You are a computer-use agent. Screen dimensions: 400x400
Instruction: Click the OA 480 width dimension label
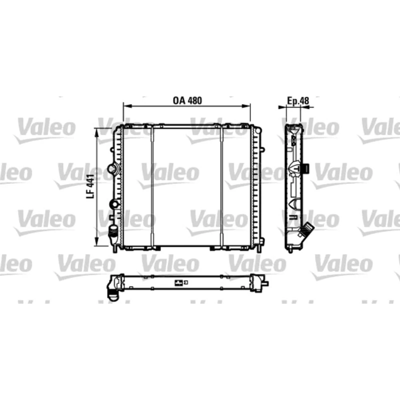click(187, 100)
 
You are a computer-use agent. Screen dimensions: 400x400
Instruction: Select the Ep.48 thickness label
click(298, 100)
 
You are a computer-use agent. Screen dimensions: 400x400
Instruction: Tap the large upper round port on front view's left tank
click(113, 167)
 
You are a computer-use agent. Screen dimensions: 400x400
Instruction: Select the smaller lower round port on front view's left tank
click(114, 204)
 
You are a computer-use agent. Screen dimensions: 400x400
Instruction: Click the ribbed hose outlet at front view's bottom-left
click(113, 233)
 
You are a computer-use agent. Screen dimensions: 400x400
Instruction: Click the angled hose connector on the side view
click(305, 230)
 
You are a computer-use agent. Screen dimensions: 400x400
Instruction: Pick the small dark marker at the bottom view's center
click(178, 283)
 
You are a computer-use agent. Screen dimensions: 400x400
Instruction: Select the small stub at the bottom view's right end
click(265, 283)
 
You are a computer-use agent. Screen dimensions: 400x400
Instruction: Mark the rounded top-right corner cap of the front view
click(257, 128)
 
